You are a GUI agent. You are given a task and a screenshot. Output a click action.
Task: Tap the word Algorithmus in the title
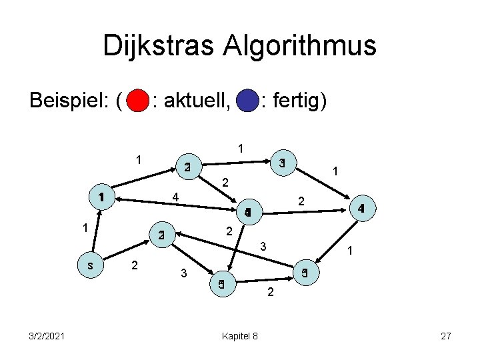tap(311, 47)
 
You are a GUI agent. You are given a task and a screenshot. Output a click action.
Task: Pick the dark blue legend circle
tap(247, 102)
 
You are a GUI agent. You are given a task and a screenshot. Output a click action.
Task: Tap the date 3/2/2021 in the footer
tap(47, 336)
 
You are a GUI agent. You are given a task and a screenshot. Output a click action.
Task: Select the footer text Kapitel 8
tap(239, 336)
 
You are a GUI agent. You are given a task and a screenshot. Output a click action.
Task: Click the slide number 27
tap(446, 336)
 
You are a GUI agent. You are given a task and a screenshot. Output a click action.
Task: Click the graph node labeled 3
tap(282, 163)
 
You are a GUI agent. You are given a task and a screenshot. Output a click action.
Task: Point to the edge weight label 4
tap(175, 197)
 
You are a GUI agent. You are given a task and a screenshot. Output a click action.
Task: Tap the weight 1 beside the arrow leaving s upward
tap(85, 228)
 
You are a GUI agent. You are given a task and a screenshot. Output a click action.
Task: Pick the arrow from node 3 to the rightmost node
tap(321, 184)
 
